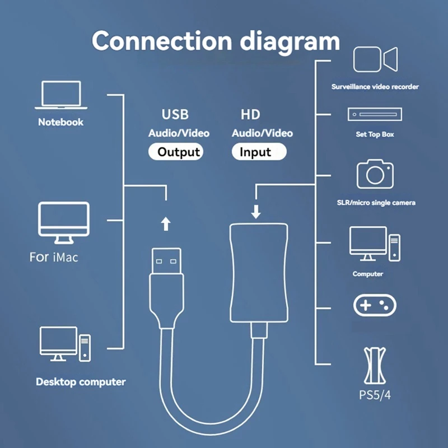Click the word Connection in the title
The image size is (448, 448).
162,40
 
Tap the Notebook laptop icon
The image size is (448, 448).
61,95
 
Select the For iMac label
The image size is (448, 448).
54,257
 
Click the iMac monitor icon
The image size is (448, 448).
64,223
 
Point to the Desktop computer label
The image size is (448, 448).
81,382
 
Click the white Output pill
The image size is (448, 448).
176,151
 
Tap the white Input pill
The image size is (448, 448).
259,151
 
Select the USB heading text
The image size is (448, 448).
175,114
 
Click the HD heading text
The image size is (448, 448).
250,115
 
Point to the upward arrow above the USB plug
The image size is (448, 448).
166,223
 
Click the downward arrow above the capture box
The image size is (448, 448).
256,212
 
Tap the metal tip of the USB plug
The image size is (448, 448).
166,260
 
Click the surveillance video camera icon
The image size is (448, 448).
375,59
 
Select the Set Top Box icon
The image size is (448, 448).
375,114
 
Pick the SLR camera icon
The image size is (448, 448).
375,174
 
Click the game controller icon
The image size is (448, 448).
375,305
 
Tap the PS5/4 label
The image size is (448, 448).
375,395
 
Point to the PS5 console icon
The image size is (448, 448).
375,366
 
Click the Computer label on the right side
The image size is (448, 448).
368,274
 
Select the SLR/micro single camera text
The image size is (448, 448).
376,203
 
